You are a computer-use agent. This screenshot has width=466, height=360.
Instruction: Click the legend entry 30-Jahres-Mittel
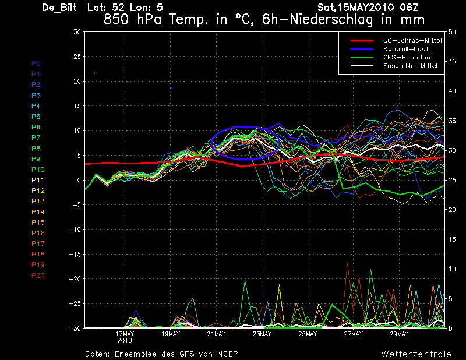click(412, 40)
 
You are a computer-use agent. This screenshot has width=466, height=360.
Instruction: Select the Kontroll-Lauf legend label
click(405, 49)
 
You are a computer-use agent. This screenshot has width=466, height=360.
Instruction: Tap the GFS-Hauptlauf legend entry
click(408, 57)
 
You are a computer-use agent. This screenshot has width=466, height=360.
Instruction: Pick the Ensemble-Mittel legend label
click(410, 66)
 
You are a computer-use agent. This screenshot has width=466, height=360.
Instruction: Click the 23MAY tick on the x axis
click(262, 334)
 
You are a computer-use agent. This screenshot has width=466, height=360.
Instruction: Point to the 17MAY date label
click(125, 334)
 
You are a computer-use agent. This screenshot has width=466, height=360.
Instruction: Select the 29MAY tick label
click(399, 334)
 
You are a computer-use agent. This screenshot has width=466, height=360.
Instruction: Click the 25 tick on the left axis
click(77, 56)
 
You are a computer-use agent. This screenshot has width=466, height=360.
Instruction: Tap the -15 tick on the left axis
click(75, 254)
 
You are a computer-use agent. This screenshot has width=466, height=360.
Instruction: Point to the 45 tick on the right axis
click(452, 62)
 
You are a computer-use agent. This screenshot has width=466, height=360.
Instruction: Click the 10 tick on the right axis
click(452, 269)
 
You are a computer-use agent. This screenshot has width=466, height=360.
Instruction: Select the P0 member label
click(36, 63)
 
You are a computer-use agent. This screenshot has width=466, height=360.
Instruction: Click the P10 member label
click(38, 170)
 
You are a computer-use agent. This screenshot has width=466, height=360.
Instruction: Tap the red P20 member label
click(38, 276)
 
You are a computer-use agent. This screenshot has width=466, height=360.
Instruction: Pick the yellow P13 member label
click(38, 201)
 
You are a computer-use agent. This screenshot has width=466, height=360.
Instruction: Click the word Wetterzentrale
click(416, 354)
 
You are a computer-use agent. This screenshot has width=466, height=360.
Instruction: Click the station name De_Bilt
click(59, 8)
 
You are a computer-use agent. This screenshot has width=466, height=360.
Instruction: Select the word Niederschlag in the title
click(331, 20)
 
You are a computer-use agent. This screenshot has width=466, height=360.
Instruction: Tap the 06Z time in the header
click(409, 7)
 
